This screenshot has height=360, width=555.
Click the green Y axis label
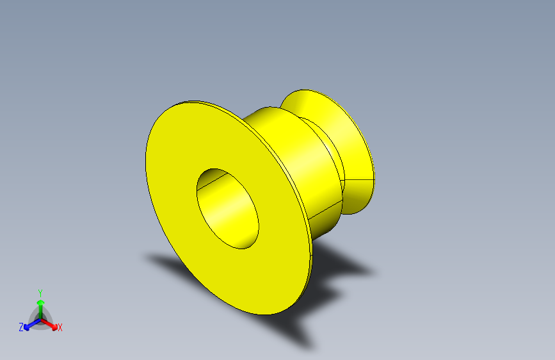click(40, 292)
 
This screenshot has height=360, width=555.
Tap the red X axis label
click(60, 328)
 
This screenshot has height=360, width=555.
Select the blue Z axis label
click(21, 327)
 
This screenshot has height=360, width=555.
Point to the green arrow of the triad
click(40, 304)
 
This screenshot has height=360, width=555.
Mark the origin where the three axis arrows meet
click(40, 318)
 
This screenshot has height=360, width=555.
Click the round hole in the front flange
click(228, 208)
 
